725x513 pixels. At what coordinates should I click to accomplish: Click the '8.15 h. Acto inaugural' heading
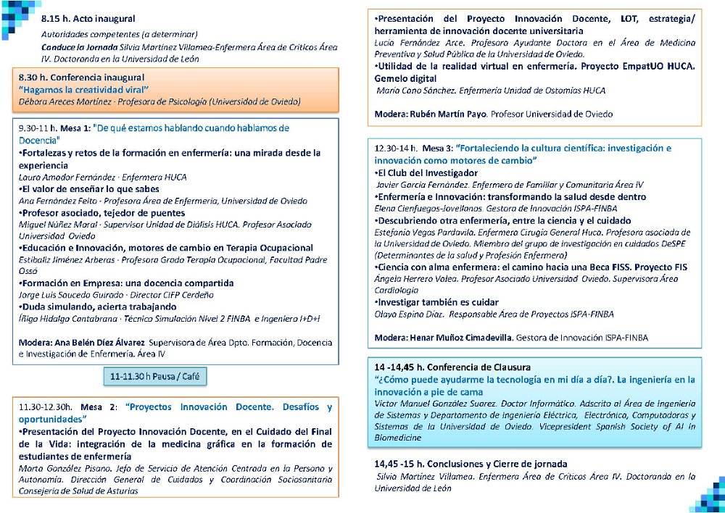point(88,18)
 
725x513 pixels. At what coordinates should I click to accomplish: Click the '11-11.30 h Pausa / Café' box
point(154,377)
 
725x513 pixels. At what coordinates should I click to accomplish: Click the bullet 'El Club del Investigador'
point(427,173)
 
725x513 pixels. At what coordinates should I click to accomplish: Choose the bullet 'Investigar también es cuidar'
point(438,302)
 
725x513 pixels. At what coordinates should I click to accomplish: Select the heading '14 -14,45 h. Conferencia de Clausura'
point(452,367)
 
